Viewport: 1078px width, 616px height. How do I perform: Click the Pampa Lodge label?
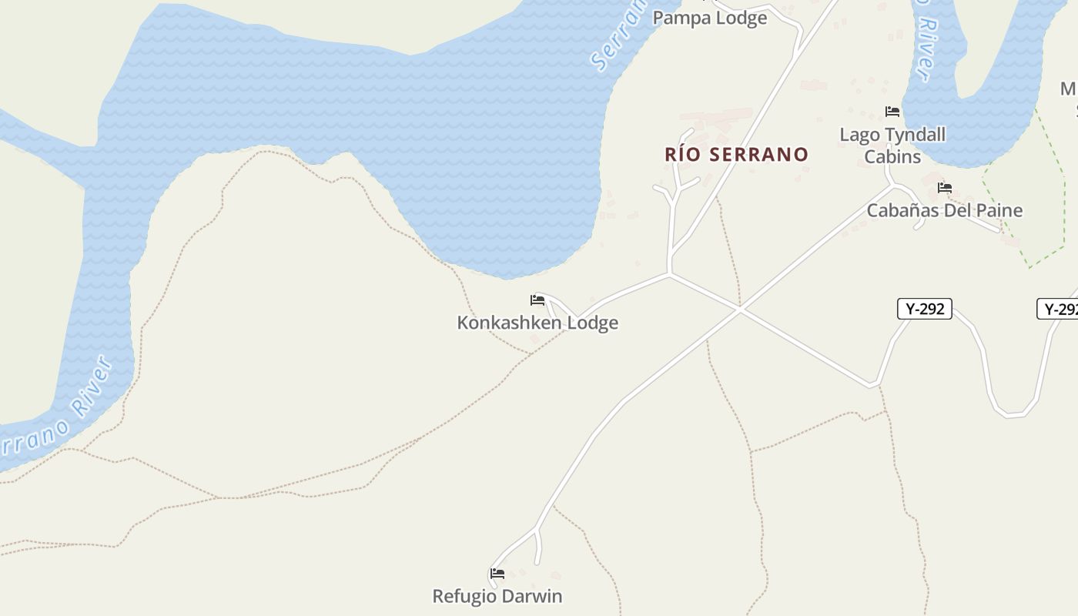coord(709,18)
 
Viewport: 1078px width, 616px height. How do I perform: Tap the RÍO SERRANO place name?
coord(736,154)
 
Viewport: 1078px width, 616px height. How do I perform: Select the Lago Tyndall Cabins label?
coord(892,146)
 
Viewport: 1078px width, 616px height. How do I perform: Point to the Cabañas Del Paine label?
coord(945,210)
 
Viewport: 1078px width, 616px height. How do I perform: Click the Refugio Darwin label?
coord(497,596)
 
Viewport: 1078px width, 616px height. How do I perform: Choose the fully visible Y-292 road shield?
coord(925,309)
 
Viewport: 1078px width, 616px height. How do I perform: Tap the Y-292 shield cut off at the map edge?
coord(1060,309)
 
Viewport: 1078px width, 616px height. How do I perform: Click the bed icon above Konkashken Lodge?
coord(537,300)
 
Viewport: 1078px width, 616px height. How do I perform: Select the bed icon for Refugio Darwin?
coord(497,574)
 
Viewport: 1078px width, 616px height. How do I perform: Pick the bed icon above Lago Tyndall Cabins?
coord(892,112)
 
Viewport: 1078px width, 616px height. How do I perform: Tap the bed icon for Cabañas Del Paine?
coord(945,188)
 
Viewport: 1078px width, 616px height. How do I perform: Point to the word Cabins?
coord(892,156)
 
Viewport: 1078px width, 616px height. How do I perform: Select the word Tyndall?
coord(916,135)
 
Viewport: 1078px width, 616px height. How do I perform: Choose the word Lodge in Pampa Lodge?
coord(742,18)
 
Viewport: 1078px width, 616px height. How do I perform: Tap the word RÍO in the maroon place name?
coord(681,154)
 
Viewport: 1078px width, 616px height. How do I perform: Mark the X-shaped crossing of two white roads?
coord(740,309)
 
